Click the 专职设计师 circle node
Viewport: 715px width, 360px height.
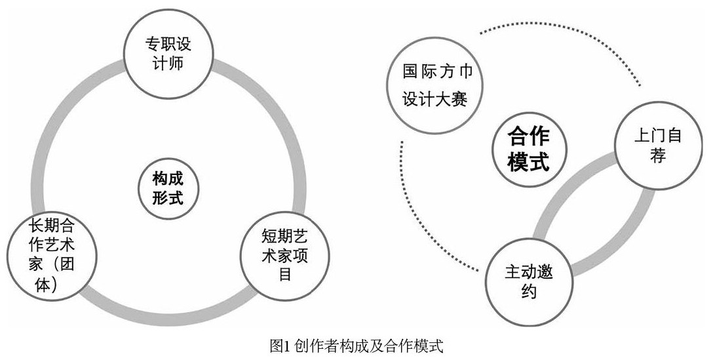[168, 56]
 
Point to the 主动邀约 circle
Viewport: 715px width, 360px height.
[528, 281]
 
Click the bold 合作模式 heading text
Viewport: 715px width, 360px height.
[528, 150]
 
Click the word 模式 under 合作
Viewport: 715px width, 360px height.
[528, 162]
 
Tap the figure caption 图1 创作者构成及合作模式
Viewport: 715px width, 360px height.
[357, 346]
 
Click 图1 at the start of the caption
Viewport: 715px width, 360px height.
[280, 346]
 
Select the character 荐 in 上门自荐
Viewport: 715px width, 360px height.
[658, 157]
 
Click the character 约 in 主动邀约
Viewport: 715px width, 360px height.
[528, 291]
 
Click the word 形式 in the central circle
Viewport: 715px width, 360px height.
[168, 197]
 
